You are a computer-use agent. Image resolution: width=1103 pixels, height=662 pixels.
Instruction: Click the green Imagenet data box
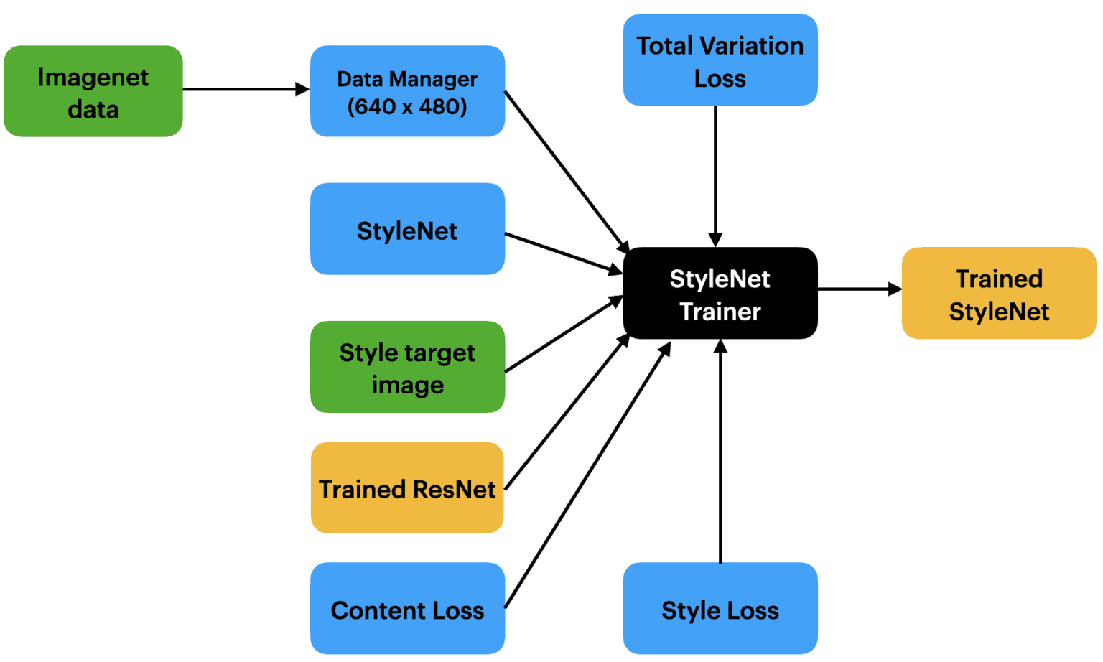93,91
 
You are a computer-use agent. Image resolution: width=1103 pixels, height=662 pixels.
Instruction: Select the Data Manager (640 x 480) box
407,91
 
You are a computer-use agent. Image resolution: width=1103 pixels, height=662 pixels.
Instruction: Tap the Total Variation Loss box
720,60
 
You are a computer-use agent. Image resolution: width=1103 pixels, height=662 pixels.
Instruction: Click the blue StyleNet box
407,229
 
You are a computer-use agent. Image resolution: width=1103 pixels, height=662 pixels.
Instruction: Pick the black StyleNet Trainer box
720,294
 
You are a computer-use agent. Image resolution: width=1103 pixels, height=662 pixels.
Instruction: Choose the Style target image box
407,367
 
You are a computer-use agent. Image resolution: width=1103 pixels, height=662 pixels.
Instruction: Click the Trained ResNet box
407,488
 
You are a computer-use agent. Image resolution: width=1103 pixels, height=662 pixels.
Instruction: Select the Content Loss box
407,609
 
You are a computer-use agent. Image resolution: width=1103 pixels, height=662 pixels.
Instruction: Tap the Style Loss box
720,609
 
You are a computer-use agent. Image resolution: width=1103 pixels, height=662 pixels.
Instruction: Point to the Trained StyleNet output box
999,294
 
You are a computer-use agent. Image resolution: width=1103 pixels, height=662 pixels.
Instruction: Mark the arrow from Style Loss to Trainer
720,452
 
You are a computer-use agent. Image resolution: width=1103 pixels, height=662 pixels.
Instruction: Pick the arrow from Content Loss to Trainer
587,475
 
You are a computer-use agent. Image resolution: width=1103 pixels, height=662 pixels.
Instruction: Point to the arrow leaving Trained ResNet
567,412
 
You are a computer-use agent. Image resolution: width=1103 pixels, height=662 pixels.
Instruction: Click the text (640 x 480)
407,107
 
